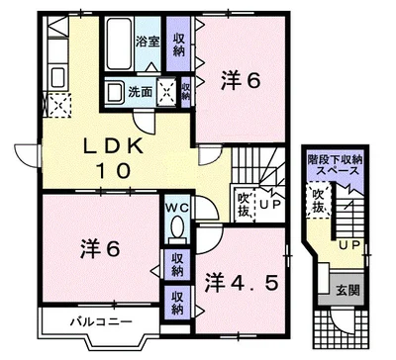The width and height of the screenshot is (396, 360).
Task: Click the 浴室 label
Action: coord(148,42)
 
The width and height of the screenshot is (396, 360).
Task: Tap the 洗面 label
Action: coord(140,92)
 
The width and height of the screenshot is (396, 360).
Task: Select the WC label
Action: coord(177,208)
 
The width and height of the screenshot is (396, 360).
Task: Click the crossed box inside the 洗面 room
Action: coord(166,91)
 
